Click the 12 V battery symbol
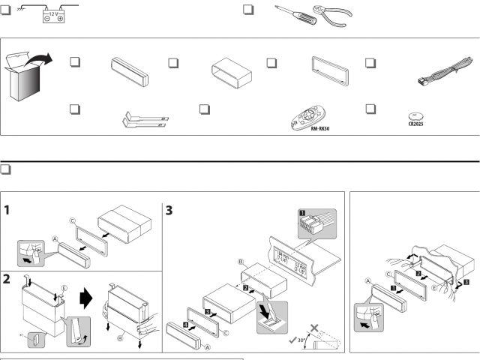[x=52, y=16]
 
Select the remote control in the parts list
[x=307, y=116]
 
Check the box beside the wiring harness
[x=370, y=62]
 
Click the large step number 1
[x=7, y=211]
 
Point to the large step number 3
[x=170, y=211]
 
